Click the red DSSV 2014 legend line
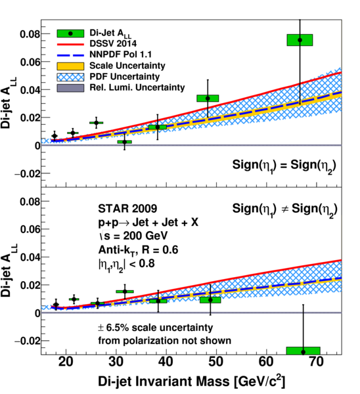click(x=70, y=44)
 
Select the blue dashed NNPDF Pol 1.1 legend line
click(x=70, y=55)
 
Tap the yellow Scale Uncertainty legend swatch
click(x=70, y=66)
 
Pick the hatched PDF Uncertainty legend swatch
click(x=70, y=77)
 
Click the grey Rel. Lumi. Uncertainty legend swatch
click(x=70, y=88)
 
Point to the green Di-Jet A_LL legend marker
click(x=70, y=33)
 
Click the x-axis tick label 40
click(x=166, y=362)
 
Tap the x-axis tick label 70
click(x=316, y=362)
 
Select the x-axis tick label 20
click(x=66, y=362)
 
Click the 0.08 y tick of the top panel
click(x=30, y=34)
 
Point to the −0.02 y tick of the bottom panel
click(x=28, y=341)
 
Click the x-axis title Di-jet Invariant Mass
click(x=164, y=382)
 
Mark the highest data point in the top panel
click(x=300, y=40)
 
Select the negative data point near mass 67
click(x=304, y=352)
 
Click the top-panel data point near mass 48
click(x=208, y=98)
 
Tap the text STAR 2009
click(x=127, y=209)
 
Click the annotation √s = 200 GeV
click(x=133, y=236)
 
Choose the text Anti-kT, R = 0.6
click(x=138, y=250)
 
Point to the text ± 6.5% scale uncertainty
click(x=155, y=328)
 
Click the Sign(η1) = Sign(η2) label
click(x=284, y=166)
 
